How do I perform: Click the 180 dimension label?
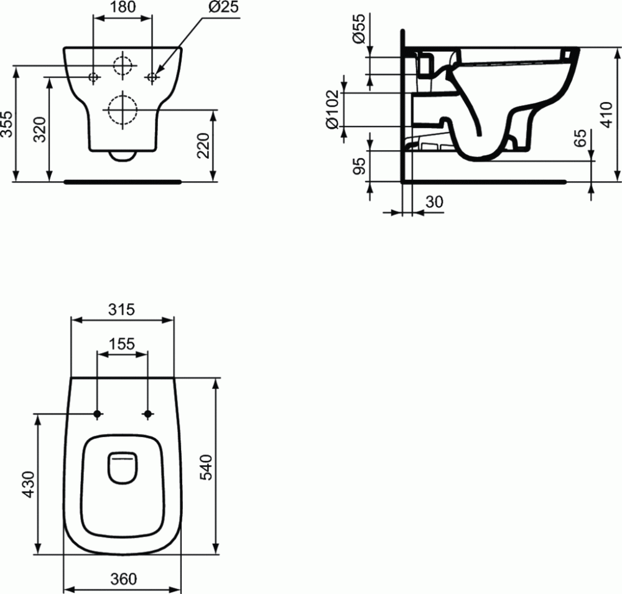click(x=122, y=8)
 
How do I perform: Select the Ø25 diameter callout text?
click(x=223, y=8)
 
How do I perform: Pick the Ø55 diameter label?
click(x=359, y=30)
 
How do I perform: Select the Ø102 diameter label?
click(x=333, y=110)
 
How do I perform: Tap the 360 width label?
click(x=123, y=578)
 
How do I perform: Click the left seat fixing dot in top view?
click(x=97, y=413)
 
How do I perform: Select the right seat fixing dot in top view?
click(x=148, y=413)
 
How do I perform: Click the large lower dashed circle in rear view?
click(x=123, y=110)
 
